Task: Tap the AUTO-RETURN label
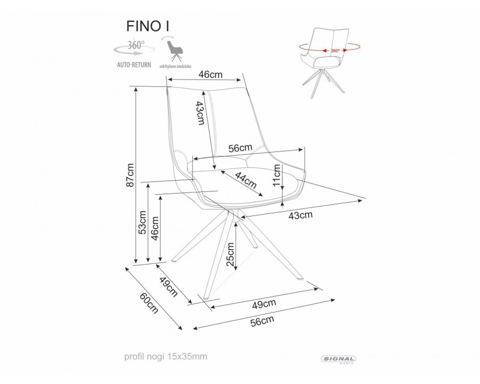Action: (x=133, y=65)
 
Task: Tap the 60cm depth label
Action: (x=149, y=303)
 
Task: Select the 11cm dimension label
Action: (x=277, y=174)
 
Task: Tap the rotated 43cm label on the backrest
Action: (x=200, y=113)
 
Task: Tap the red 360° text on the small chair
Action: (x=335, y=51)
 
